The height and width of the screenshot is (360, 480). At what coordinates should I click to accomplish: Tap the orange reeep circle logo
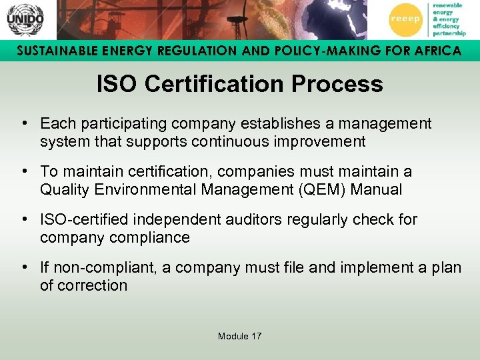[x=405, y=19]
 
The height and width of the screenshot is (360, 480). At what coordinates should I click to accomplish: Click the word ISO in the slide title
[x=117, y=84]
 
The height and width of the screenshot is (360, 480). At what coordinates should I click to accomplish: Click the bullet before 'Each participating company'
[x=24, y=123]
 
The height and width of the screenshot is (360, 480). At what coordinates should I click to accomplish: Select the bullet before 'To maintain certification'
[x=24, y=171]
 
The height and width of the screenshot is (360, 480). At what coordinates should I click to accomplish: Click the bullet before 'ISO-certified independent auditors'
[x=24, y=219]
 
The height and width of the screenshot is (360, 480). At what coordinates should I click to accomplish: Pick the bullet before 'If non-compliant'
[x=24, y=267]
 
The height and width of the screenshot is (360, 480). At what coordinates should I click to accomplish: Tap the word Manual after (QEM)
[x=378, y=189]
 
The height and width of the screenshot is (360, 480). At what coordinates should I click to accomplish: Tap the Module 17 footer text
[x=240, y=336]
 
